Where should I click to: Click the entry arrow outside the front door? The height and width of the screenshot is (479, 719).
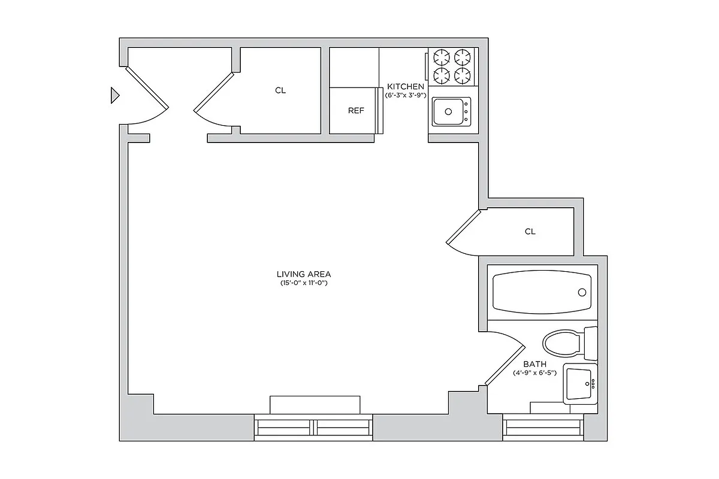[115, 95]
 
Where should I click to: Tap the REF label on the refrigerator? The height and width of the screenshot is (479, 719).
[356, 111]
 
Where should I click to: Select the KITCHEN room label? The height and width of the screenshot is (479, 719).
[406, 87]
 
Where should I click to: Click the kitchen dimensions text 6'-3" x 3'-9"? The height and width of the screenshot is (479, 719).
[405, 95]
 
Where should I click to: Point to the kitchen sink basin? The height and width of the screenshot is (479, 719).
[448, 111]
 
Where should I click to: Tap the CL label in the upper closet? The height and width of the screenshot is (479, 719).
[280, 91]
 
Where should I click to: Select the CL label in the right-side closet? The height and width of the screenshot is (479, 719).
[530, 232]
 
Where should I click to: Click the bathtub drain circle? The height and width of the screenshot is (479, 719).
[581, 292]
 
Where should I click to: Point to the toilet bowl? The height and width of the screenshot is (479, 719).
[561, 344]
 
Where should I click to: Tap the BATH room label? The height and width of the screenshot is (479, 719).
[534, 364]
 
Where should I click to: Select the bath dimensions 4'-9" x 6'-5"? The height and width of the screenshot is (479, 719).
[534, 372]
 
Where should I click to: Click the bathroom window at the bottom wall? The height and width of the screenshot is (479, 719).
[543, 428]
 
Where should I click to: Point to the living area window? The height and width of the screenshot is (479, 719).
[314, 428]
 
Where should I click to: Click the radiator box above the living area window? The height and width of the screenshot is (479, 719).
[315, 404]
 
